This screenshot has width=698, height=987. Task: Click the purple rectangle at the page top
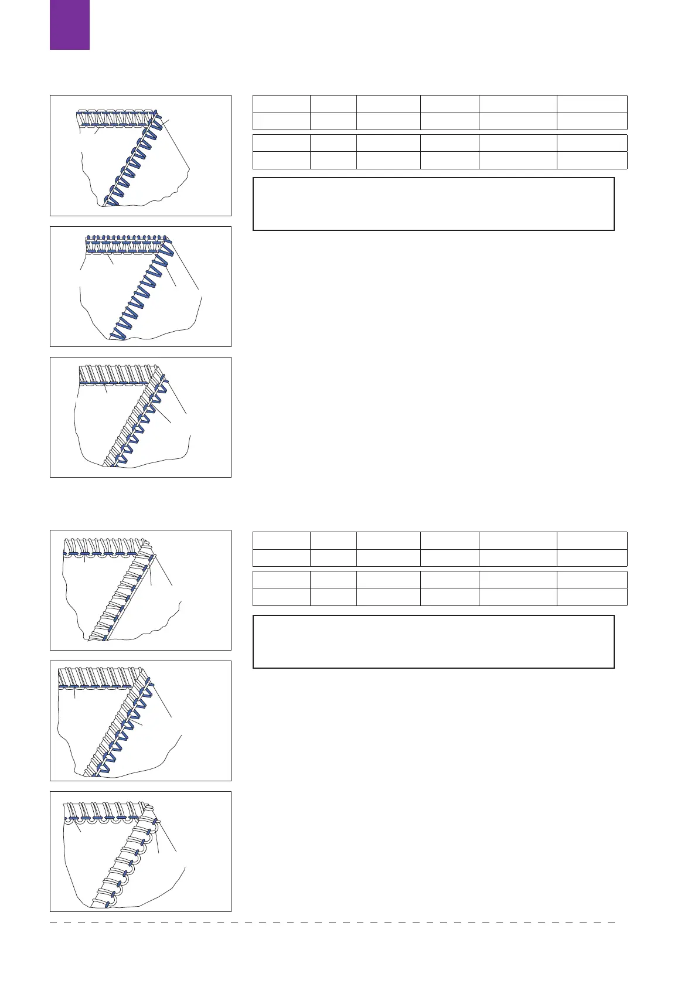pyautogui.click(x=70, y=24)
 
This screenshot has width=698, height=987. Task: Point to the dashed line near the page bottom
pyautogui.click(x=332, y=923)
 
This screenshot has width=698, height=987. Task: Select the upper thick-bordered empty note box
pyautogui.click(x=433, y=204)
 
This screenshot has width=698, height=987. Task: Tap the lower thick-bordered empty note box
pyautogui.click(x=433, y=641)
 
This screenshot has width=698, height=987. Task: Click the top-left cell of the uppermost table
pyautogui.click(x=281, y=104)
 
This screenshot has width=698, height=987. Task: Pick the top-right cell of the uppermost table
pyautogui.click(x=591, y=104)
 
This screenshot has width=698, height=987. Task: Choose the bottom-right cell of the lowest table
pyautogui.click(x=591, y=597)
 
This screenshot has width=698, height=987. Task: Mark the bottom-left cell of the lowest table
pyautogui.click(x=281, y=597)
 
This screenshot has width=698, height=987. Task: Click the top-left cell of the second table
pyautogui.click(x=281, y=143)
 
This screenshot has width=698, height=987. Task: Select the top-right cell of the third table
pyautogui.click(x=591, y=540)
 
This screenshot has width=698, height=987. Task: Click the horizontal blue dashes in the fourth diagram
pyautogui.click(x=103, y=553)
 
